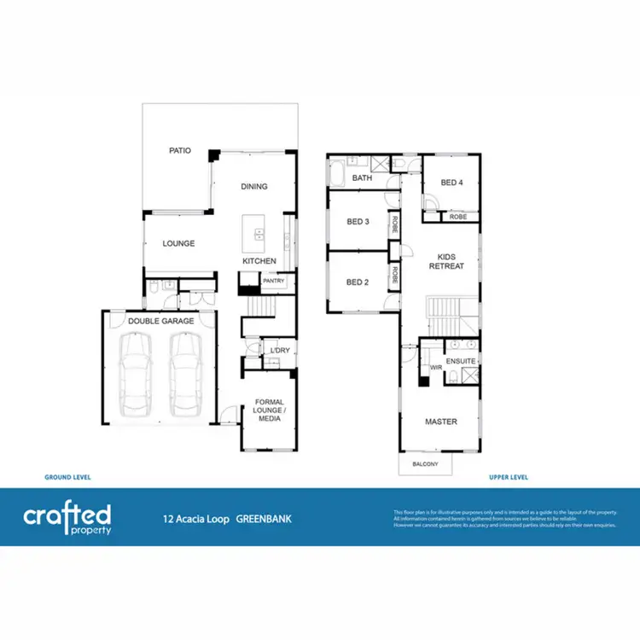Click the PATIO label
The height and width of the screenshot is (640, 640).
click(179, 151)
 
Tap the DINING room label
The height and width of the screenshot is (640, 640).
click(253, 187)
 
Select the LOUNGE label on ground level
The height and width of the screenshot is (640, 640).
click(179, 244)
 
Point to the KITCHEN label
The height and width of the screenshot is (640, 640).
click(259, 261)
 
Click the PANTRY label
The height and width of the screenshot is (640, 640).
click(274, 281)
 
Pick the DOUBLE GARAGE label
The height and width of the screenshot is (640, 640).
click(160, 321)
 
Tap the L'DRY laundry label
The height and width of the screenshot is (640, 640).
click(279, 351)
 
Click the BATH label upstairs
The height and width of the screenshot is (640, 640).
click(363, 178)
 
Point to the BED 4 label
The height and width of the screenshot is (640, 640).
click(452, 183)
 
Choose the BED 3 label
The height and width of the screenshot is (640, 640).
click(358, 223)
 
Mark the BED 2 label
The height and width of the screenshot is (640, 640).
click(358, 282)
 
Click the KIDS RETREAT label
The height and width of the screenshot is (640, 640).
click(451, 261)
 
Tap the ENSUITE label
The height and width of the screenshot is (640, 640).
click(461, 362)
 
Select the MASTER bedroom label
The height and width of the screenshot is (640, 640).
click(441, 422)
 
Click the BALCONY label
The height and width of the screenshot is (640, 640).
click(425, 464)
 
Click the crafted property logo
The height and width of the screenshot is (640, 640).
click(67, 517)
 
